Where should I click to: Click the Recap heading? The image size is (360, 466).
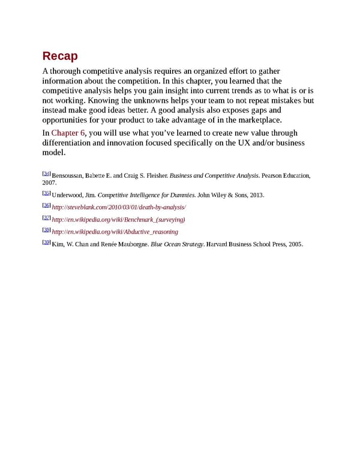pos(60,56)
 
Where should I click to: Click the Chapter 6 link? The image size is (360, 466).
pos(68,133)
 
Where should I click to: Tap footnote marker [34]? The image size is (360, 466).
pos(46,174)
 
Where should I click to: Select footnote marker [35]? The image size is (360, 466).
pos(46,193)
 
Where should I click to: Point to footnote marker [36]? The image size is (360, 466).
pos(46,205)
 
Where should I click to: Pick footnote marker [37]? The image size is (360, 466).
pos(46,218)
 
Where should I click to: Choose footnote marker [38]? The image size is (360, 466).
pos(46,230)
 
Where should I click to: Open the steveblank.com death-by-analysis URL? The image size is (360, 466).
pos(119,207)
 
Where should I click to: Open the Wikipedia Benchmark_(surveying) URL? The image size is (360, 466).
pos(118,220)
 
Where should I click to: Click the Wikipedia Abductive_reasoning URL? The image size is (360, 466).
pos(115,232)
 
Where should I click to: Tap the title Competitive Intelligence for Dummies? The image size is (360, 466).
pos(146,195)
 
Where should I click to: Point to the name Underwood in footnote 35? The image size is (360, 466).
pos(65,195)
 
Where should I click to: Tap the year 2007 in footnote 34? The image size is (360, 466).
pos(49,182)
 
